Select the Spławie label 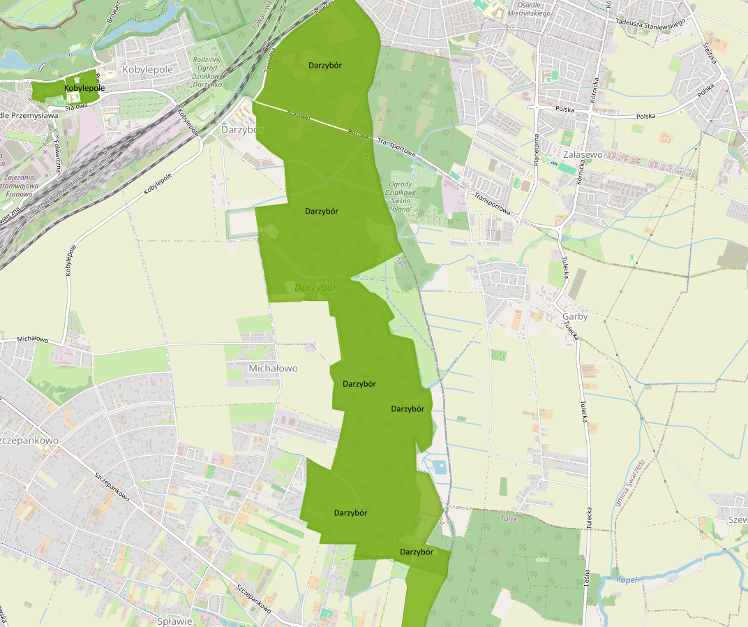171,621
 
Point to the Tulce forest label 509,519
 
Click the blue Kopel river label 628,579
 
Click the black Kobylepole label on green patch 84,89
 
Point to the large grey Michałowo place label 273,368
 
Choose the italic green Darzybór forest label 315,288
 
